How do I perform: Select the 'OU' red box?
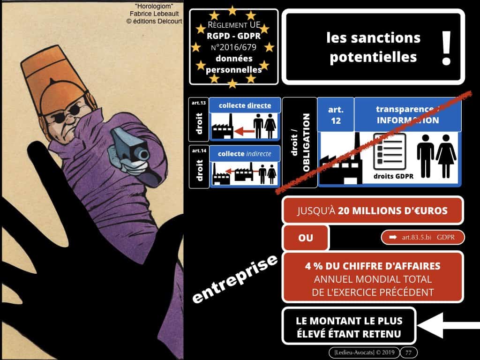coord(306,238)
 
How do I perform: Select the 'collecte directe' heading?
coord(245,105)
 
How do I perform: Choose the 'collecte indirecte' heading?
coord(245,153)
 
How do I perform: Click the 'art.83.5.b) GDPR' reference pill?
coord(422,238)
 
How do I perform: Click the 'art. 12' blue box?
coord(335,115)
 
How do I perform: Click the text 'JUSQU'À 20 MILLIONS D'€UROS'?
coord(373,210)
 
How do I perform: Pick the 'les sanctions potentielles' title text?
coord(367,47)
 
